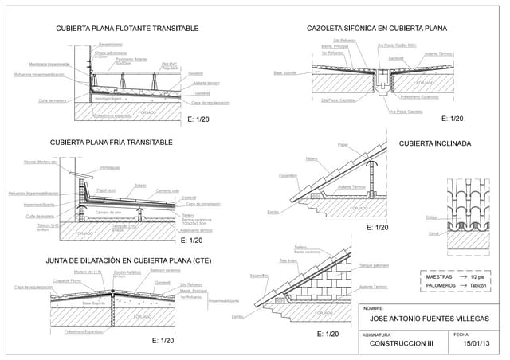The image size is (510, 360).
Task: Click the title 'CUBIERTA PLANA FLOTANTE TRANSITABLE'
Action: tap(127, 29)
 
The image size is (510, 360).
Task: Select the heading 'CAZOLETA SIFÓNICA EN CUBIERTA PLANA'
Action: tap(377, 29)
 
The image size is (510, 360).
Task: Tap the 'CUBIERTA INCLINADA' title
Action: tap(435, 144)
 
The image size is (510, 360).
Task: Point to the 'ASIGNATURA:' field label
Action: tap(376, 335)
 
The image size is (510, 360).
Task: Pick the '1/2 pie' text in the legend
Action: tap(478, 276)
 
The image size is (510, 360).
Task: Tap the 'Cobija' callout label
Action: tap(431, 217)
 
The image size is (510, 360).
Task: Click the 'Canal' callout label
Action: tap(433, 233)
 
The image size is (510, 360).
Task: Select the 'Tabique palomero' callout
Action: tap(374, 265)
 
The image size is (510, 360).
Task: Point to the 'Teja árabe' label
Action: tap(288, 260)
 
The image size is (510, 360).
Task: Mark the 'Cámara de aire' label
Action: tap(108, 213)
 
